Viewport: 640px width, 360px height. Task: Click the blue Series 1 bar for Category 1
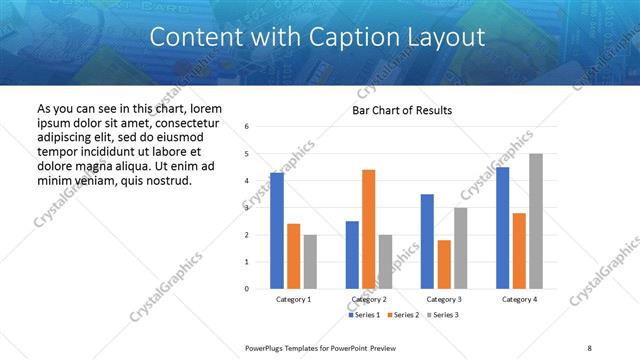tap(277, 231)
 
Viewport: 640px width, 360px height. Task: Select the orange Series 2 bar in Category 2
tap(368, 229)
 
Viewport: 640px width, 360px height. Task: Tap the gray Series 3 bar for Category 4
tap(535, 221)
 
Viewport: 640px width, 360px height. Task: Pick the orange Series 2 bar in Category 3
tap(443, 264)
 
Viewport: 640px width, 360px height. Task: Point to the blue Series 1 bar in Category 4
tap(502, 228)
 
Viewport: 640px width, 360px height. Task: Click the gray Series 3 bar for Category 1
tap(310, 262)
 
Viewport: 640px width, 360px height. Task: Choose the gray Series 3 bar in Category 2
tap(385, 262)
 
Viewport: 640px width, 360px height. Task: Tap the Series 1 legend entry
tap(363, 315)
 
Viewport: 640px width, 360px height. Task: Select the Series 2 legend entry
tap(402, 315)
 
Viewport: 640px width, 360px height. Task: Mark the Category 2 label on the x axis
tap(368, 300)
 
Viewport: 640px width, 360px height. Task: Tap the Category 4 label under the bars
tap(518, 300)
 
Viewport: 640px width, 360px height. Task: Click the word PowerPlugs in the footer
tap(270, 347)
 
